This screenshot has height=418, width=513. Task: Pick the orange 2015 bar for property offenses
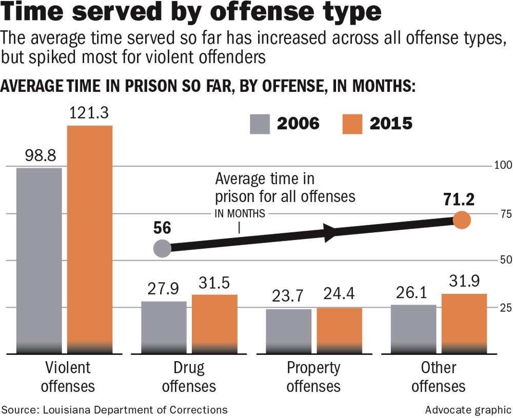tap(339, 330)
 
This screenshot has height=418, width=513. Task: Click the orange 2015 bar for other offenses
tap(464, 323)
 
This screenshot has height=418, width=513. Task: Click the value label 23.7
tap(289, 297)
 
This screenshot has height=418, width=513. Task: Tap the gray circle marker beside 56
tap(162, 248)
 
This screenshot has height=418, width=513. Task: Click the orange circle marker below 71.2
tap(462, 221)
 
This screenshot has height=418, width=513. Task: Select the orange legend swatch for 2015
tap(352, 124)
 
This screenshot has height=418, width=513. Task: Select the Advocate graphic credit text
tap(467, 409)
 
